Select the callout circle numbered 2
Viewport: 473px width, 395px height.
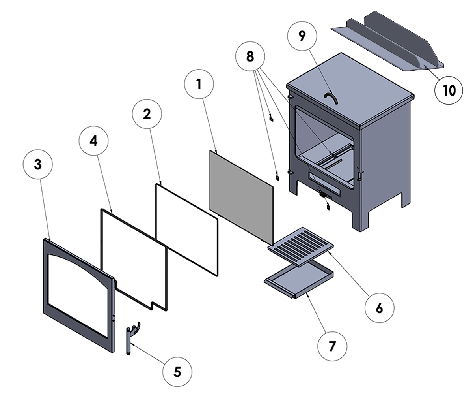pyautogui.click(x=147, y=114)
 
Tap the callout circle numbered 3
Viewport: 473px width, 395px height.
pyautogui.click(x=37, y=165)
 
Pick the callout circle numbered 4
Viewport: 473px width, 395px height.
pyautogui.click(x=93, y=141)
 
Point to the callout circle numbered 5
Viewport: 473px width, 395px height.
pyautogui.click(x=177, y=371)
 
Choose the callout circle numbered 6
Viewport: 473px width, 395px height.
pyautogui.click(x=379, y=308)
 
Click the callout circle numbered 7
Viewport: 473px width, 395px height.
pyautogui.click(x=332, y=346)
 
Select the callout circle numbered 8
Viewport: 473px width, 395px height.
pyautogui.click(x=250, y=56)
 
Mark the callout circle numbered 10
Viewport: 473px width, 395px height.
pyautogui.click(x=449, y=90)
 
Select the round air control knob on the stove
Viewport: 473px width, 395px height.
pyautogui.click(x=323, y=194)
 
